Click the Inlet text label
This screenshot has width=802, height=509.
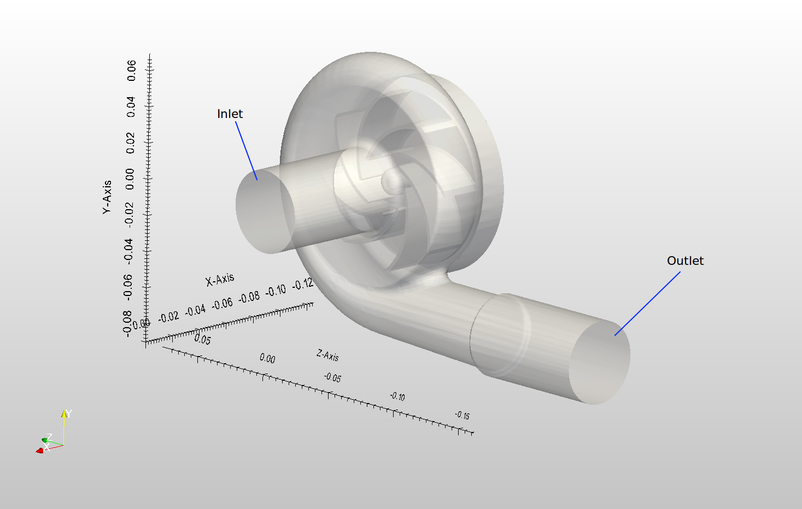coord(230,114)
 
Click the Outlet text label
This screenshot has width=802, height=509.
coord(685,261)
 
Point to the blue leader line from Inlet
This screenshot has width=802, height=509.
coord(246,150)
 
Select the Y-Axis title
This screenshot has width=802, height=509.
coord(107,197)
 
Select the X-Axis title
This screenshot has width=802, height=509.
coord(220,280)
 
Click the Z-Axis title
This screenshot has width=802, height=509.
coord(327,356)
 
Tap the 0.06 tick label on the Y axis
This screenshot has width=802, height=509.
coord(131,70)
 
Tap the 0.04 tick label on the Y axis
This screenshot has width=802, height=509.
coord(131,106)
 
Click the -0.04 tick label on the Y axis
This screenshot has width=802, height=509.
coord(128,250)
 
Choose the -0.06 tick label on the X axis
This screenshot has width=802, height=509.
coord(223,304)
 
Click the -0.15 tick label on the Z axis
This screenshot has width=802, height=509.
coord(462,416)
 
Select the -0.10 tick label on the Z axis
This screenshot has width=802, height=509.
coord(397,396)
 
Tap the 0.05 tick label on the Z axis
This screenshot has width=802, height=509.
coord(202,340)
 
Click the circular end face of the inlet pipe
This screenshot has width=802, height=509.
coord(265,211)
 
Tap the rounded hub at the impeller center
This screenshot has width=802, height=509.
coord(391,181)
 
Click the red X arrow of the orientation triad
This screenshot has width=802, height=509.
coord(40,451)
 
